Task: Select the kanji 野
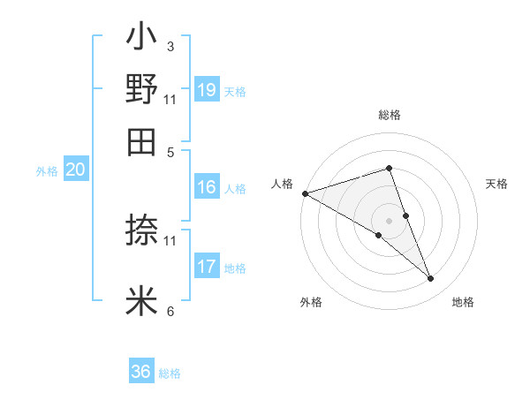tap(141, 89)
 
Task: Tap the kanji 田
tap(141, 140)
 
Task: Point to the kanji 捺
tap(141, 230)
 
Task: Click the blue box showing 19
tap(207, 90)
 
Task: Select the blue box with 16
tap(207, 187)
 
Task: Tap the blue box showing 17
tap(207, 267)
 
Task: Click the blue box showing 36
tap(141, 372)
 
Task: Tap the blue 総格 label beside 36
tap(170, 373)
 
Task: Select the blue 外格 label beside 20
tap(47, 172)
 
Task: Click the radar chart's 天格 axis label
tap(496, 184)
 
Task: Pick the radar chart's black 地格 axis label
tap(463, 303)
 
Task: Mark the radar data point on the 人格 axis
tap(305, 193)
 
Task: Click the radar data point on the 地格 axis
tap(430, 278)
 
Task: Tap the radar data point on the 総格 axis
tap(389, 168)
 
